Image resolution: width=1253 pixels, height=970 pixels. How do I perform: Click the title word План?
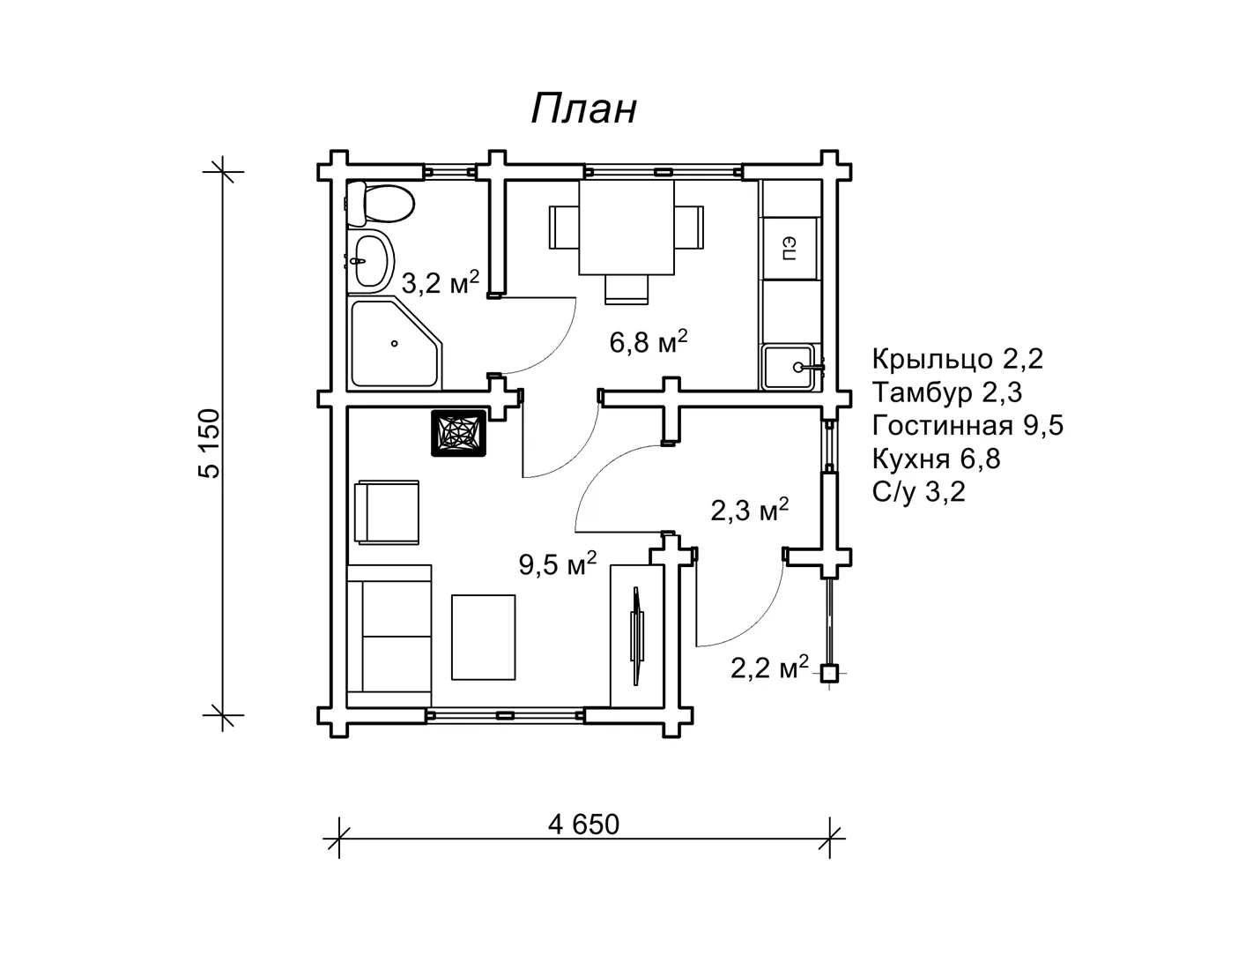[x=583, y=108]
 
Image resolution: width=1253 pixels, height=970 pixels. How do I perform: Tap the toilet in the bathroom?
[x=380, y=203]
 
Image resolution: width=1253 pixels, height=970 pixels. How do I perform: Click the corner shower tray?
[x=395, y=343]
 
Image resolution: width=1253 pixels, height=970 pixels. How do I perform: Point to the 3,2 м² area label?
[x=440, y=282]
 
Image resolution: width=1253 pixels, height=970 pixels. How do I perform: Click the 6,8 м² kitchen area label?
[x=649, y=341]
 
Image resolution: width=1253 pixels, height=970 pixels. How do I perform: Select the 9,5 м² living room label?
[x=558, y=563]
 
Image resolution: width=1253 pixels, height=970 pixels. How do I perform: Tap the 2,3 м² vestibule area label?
[x=749, y=510]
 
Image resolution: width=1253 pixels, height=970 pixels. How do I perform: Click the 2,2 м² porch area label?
[x=769, y=668]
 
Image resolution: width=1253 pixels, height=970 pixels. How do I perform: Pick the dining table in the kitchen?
[x=626, y=227]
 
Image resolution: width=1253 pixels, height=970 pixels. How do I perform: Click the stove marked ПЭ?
[x=790, y=248]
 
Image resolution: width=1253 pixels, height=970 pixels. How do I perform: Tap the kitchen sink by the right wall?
[x=788, y=367]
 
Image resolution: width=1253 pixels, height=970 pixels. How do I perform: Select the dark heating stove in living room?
[x=458, y=433]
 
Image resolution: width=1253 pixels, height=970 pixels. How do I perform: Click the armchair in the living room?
[x=387, y=511]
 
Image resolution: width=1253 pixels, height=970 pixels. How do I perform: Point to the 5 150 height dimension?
[x=210, y=444]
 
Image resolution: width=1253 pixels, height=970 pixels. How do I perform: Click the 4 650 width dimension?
[x=583, y=824]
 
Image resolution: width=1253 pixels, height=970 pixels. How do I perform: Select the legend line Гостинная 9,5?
[x=968, y=426]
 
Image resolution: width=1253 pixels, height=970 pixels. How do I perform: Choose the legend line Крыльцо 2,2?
[x=957, y=360]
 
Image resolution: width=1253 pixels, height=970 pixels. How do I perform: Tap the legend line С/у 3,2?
[x=918, y=492]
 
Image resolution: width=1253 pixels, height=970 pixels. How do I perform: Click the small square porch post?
[x=829, y=673]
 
